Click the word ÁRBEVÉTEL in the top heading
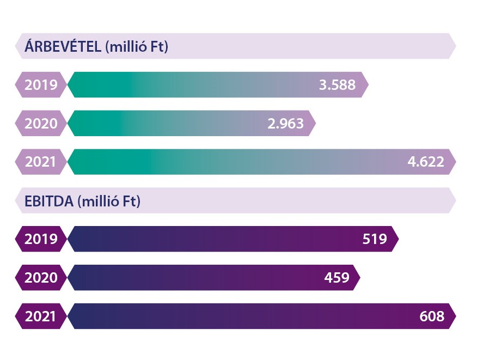63,47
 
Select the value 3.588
337,85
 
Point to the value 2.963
285,124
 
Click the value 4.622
426,162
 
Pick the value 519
375,239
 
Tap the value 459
337,278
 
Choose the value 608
432,316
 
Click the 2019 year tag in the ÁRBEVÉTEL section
41,85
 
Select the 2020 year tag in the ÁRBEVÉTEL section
41,124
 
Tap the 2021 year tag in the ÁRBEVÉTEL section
41,162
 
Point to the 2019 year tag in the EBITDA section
41,239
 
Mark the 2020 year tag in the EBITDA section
41,278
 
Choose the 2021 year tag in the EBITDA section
41,316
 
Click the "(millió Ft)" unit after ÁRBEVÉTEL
136,47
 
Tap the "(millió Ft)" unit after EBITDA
109,201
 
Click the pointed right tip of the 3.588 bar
365,85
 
